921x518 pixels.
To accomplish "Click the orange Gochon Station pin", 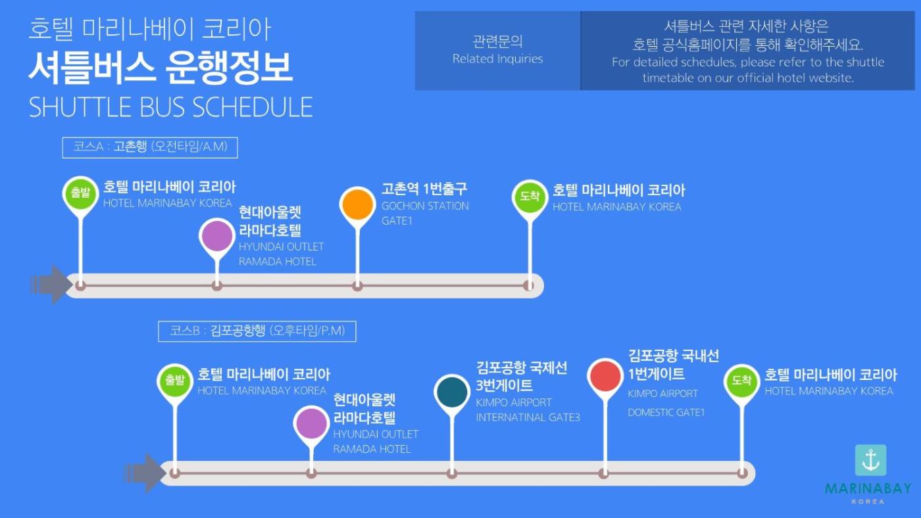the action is click(357, 204).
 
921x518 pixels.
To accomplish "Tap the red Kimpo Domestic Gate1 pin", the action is click(605, 376).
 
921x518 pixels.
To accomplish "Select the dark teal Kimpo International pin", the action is click(452, 392).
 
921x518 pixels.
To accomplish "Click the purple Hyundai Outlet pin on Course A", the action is click(216, 236).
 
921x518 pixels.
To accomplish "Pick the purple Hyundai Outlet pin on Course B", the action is click(311, 423).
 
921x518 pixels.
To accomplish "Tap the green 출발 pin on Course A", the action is click(80, 193).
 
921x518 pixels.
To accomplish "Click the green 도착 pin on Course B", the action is click(742, 381).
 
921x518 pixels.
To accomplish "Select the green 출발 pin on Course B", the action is click(175, 381).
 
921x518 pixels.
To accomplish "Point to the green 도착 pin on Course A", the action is click(530, 197).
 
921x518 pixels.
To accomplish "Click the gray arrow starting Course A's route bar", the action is click(51, 285).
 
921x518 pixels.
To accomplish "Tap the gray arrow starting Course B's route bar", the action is click(145, 473).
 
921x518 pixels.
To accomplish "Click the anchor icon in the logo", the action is click(870, 460).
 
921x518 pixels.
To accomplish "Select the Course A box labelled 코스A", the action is click(150, 147).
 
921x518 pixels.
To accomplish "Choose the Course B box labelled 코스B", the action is click(257, 331).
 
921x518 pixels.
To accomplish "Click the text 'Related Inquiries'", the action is click(497, 59).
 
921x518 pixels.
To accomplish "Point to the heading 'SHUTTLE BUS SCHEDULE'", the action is click(170, 107).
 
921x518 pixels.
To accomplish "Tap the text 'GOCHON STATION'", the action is click(425, 206).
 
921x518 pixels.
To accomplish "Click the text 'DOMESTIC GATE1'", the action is click(666, 412).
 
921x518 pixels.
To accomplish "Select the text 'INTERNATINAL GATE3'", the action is click(528, 417).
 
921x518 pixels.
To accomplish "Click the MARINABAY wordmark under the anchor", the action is click(868, 488).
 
